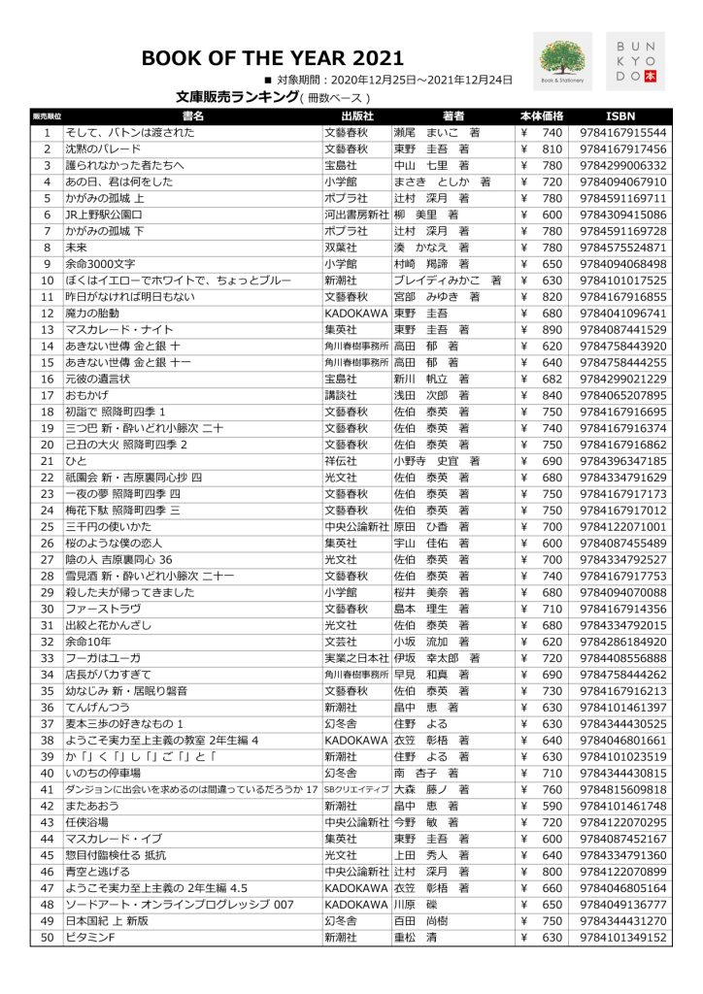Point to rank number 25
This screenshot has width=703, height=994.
46,525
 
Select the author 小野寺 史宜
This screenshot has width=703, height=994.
428,460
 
